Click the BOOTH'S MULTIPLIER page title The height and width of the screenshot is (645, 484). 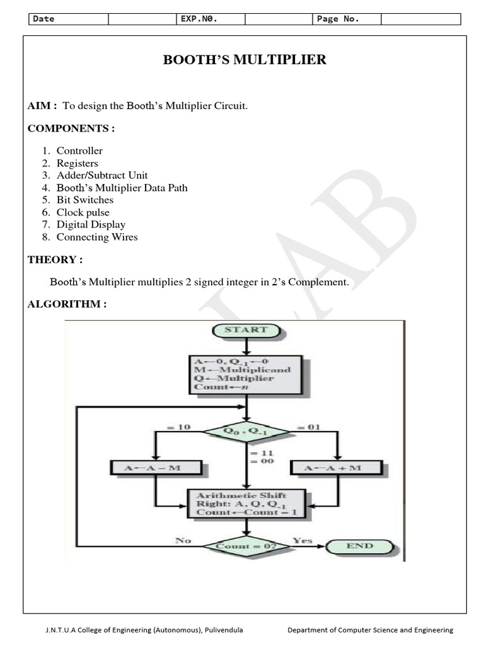tap(245, 60)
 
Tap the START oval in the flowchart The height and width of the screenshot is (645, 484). tap(246, 329)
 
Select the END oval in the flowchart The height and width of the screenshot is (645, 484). tap(360, 545)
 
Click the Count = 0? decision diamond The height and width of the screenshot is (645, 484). tap(246, 545)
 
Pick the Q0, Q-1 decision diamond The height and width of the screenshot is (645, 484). tap(246, 432)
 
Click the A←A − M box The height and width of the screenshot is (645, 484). tap(156, 467)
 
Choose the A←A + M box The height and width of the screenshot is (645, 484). tap(337, 467)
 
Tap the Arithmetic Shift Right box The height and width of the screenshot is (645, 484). tap(246, 504)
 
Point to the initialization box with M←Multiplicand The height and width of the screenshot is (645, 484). tap(246, 375)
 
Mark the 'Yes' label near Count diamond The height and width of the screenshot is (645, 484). tap(302, 540)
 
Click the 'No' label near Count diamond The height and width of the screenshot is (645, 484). tap(183, 540)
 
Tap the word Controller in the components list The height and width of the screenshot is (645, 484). tap(79, 151)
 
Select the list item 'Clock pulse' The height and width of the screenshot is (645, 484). tap(83, 212)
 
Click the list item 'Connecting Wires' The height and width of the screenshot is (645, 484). tap(97, 237)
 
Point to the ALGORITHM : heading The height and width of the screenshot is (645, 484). tap(67, 304)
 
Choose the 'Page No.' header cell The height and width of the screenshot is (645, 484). tap(338, 19)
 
